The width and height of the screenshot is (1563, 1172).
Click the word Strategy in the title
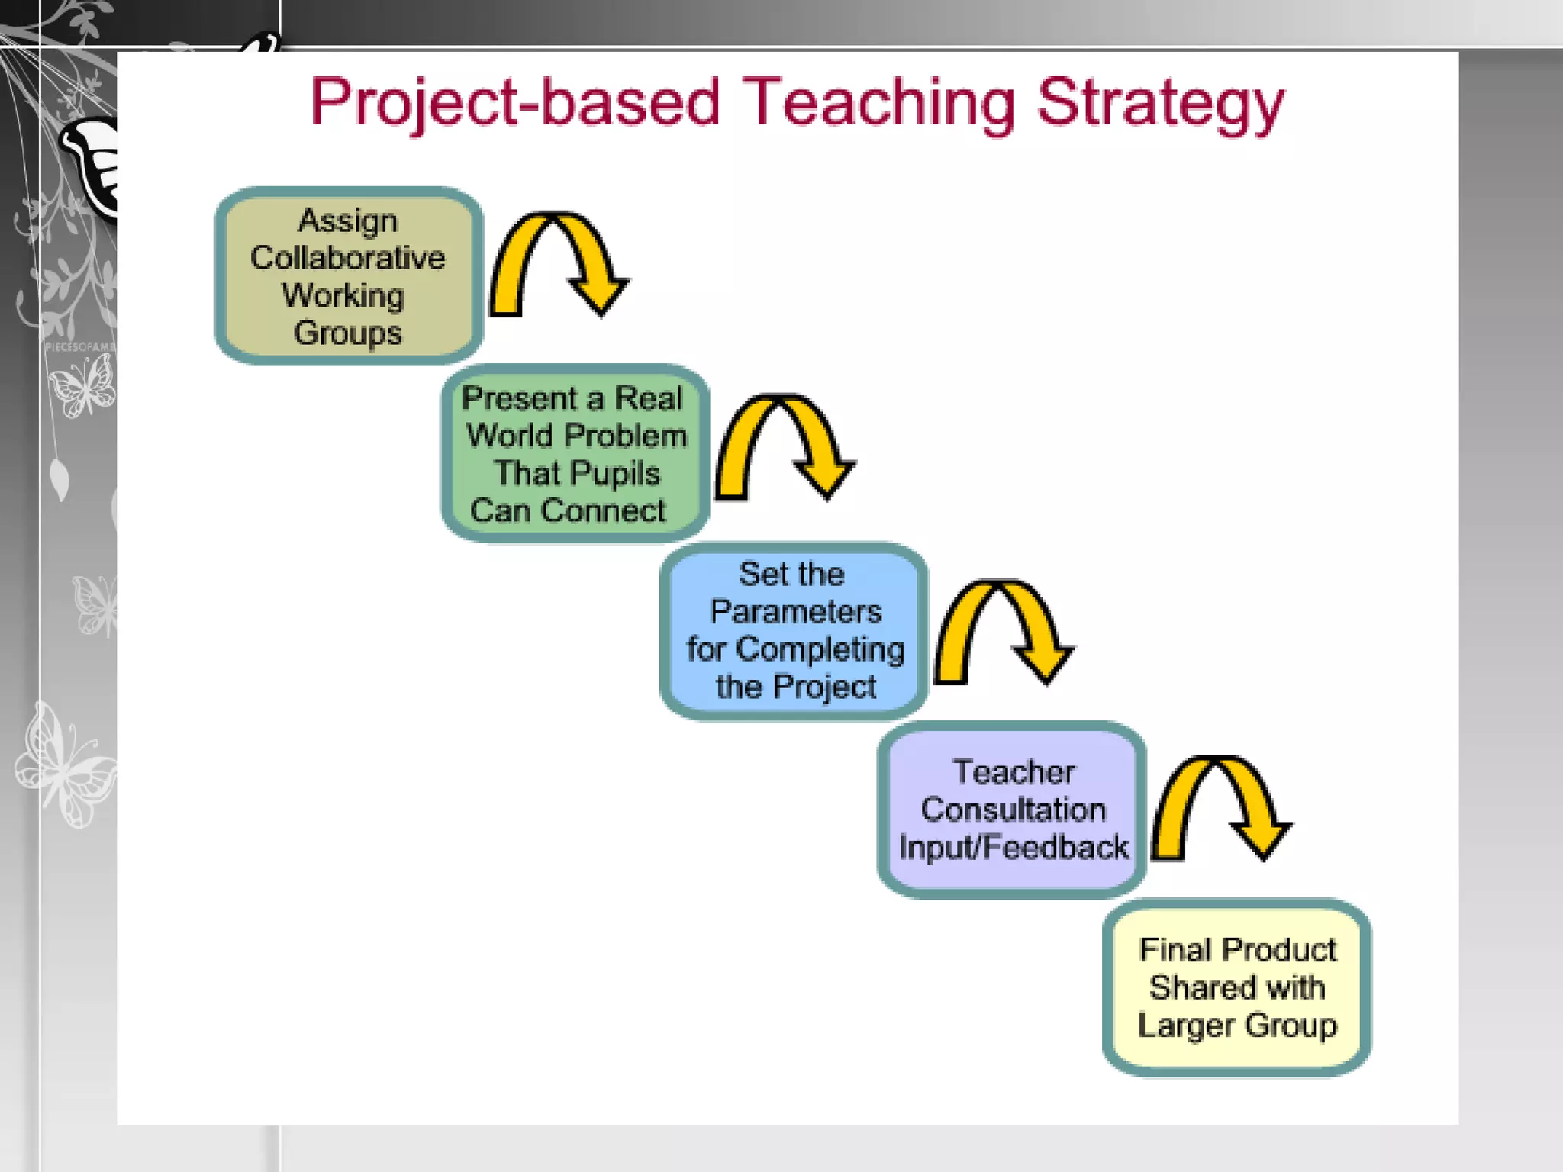pyautogui.click(x=1160, y=103)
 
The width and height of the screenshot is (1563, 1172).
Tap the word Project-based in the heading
pyautogui.click(x=515, y=103)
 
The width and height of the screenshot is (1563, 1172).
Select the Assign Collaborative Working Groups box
pyautogui.click(x=349, y=276)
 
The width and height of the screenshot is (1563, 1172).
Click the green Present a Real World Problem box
pyautogui.click(x=575, y=454)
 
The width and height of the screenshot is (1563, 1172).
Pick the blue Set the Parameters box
pyautogui.click(x=794, y=631)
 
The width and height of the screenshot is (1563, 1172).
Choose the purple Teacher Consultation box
pyautogui.click(x=1012, y=810)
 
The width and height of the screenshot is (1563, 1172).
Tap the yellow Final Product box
pyautogui.click(x=1236, y=987)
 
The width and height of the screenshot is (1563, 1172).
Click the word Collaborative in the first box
pyautogui.click(x=348, y=258)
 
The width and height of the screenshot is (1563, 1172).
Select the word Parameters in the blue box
pyautogui.click(x=796, y=612)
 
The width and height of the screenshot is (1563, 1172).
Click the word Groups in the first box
pyautogui.click(x=348, y=333)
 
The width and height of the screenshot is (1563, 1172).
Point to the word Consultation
pyautogui.click(x=1014, y=810)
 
